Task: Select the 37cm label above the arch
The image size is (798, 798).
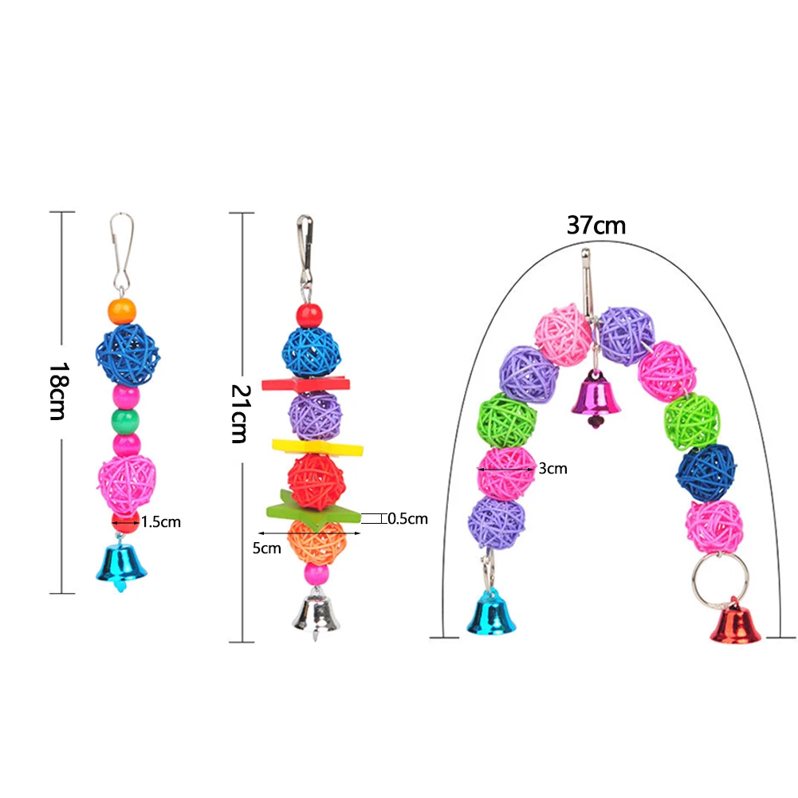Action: (596, 225)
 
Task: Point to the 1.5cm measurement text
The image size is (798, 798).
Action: (161, 523)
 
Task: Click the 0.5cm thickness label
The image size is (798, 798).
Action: (407, 519)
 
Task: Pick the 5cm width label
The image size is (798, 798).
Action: (269, 548)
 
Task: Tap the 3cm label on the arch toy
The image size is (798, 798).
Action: (552, 469)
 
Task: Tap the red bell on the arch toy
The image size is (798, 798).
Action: (735, 624)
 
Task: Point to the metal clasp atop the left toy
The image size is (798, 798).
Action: (121, 252)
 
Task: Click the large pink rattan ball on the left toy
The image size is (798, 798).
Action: (127, 483)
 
